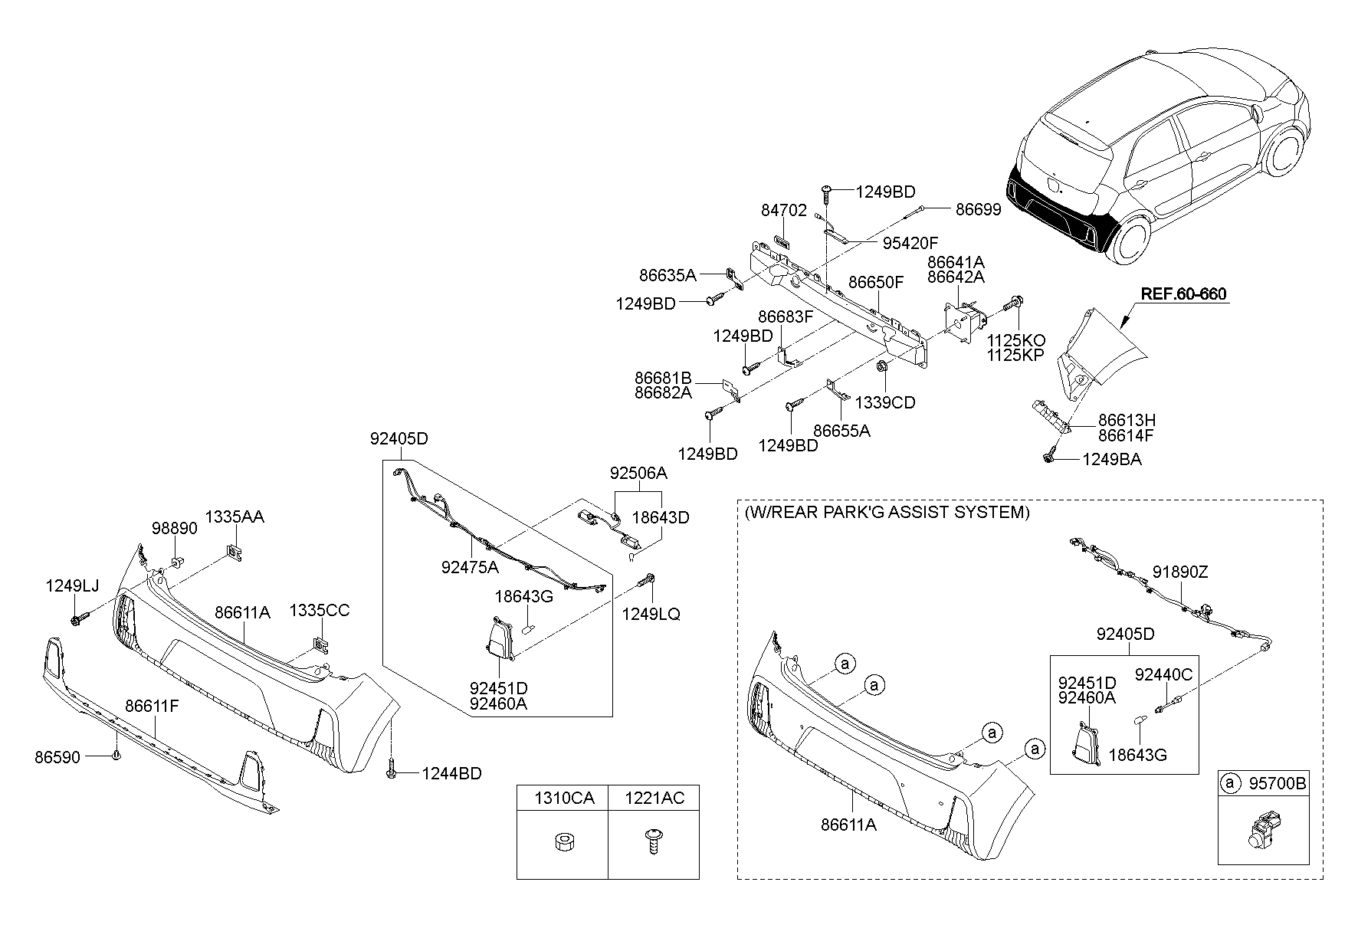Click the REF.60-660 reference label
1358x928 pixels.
pos(1183,294)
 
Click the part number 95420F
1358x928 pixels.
pos(910,243)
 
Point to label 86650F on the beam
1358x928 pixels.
pos(875,282)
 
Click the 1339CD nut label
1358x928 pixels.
pos(884,402)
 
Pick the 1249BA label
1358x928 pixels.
pos(1111,460)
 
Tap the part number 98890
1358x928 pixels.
pos(174,528)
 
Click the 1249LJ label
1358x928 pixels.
pos(72,586)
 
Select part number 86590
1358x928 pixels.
pos(57,757)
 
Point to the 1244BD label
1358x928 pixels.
pos(451,774)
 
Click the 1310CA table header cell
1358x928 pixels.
pos(563,798)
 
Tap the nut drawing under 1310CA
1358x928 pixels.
pos(562,843)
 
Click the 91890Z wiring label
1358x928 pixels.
pos(1180,572)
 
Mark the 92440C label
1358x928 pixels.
pos(1163,674)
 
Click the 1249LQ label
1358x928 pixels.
pos(651,614)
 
